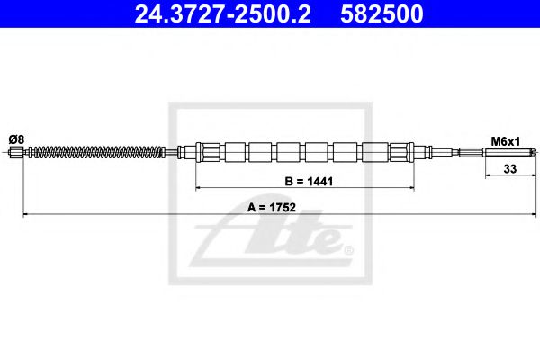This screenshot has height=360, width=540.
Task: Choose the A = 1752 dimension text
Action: point(271,207)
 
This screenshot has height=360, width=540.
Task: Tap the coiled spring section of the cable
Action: point(99,152)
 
